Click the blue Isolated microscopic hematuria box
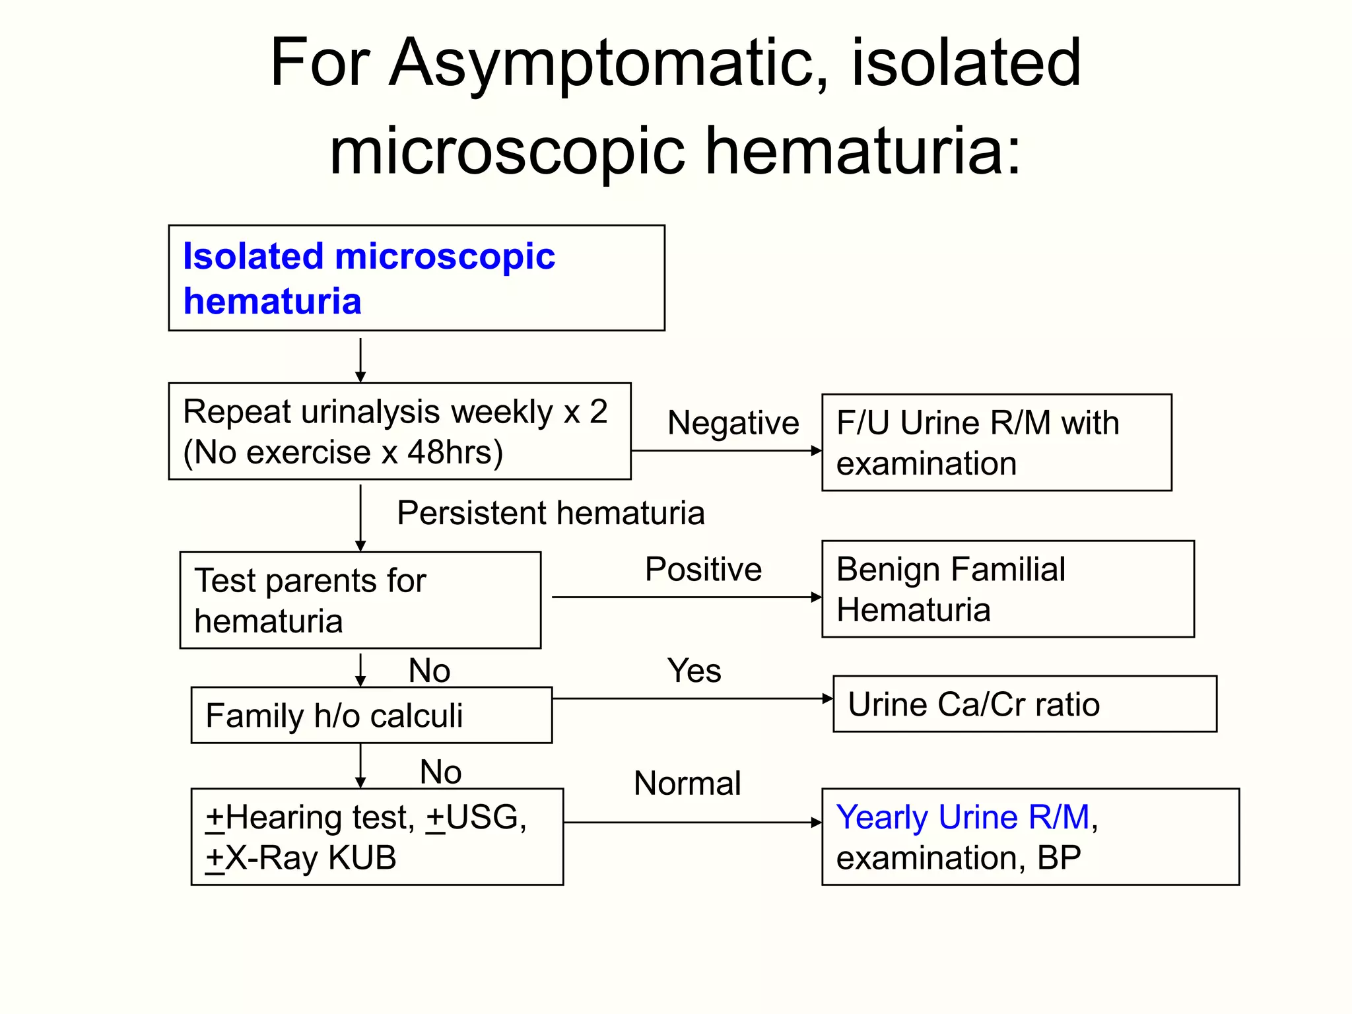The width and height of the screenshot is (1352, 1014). click(x=416, y=278)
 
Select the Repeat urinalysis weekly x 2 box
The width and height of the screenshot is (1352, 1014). click(x=399, y=431)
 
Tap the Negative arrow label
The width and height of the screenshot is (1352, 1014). click(x=733, y=422)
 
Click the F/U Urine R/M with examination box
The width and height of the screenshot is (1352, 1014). click(x=996, y=442)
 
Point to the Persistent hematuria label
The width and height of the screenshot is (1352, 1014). click(x=551, y=513)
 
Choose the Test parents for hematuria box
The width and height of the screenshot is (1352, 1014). click(x=360, y=600)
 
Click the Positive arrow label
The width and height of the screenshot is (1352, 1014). click(x=703, y=569)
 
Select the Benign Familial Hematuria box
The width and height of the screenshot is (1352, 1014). click(x=1007, y=589)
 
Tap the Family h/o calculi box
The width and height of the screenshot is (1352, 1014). click(x=371, y=715)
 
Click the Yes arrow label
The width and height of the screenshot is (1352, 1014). click(x=694, y=671)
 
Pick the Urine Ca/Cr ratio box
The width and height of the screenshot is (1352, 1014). click(x=1025, y=704)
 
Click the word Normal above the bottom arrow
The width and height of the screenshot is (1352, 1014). click(x=687, y=784)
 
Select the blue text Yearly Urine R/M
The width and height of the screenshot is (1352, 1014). click(x=963, y=817)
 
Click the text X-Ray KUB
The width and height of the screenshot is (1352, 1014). click(x=310, y=858)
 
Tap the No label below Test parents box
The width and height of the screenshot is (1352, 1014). click(x=429, y=671)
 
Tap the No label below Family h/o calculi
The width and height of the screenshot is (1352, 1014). click(x=440, y=772)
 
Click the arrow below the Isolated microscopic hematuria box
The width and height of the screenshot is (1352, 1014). click(x=360, y=360)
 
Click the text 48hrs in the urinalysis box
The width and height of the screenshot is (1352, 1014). click(x=455, y=453)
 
